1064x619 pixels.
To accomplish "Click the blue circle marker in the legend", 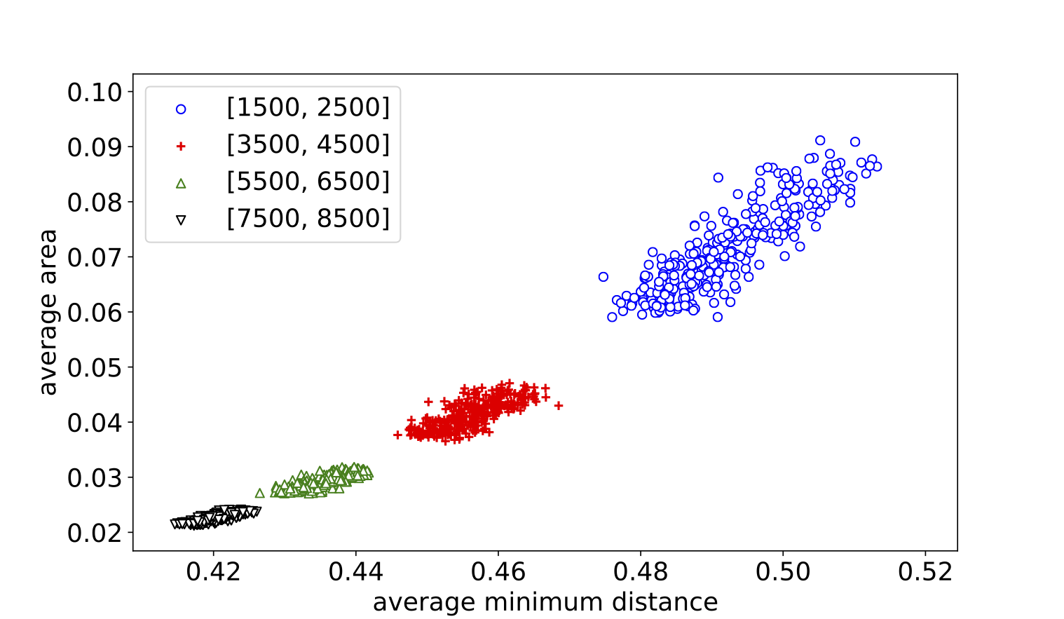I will click(181, 109).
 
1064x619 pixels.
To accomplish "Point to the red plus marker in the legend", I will click(181, 146).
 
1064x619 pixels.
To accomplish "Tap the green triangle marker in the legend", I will click(181, 184).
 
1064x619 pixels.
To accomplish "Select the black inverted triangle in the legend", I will click(181, 220).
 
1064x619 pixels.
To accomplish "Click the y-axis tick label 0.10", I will click(95, 92).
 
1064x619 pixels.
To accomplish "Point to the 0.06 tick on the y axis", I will click(95, 312).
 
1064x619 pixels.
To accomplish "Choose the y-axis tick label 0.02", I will click(95, 533).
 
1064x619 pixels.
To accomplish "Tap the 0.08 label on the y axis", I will click(95, 202).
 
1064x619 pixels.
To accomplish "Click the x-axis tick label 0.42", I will click(213, 571).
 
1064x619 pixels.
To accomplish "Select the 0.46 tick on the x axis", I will click(498, 571).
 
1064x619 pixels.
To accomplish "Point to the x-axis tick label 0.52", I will click(925, 571).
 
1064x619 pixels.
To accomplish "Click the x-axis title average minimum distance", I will click(545, 602).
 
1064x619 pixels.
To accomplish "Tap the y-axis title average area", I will click(48, 312).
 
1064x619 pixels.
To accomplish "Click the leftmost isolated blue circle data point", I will click(603, 277).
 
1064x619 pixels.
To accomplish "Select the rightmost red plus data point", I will click(559, 406).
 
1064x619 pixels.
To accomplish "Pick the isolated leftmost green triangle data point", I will click(260, 494).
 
